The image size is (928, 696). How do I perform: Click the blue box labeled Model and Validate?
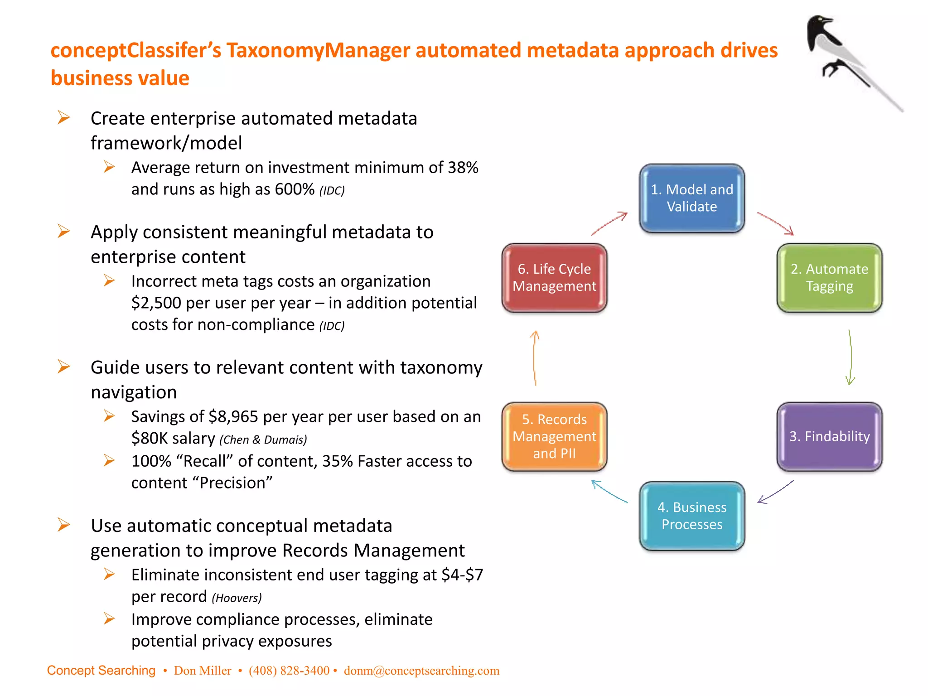pos(691,198)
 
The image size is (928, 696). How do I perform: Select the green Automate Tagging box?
pos(829,278)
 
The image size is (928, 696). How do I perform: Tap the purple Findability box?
pos(829,436)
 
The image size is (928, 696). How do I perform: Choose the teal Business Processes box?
pos(691,516)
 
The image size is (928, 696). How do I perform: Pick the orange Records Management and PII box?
pos(554,436)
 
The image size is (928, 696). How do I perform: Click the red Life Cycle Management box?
pos(554,278)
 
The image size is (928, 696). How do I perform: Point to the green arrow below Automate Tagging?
pos(850,358)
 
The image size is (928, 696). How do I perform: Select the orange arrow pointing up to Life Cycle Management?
pos(535,358)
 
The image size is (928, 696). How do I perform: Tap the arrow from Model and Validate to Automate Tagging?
pos(776,223)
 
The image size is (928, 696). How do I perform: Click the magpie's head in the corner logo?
pos(820,25)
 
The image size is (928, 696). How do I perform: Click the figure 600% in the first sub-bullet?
pos(294,189)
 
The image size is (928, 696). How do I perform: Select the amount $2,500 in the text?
pos(156,303)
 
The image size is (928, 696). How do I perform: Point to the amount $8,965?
pos(233,416)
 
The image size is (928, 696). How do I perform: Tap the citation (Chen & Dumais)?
pos(263,440)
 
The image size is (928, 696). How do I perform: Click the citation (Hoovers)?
pos(237,598)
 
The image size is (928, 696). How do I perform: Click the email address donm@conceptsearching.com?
pos(421,671)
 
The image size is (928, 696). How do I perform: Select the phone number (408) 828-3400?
pos(289,671)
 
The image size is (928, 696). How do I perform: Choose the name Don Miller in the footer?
pos(203,671)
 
